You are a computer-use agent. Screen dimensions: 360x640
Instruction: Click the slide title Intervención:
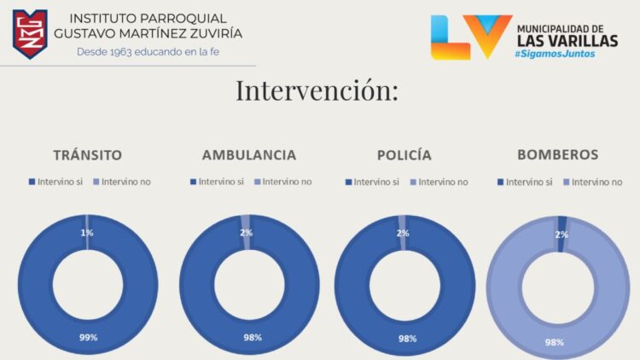click(x=317, y=90)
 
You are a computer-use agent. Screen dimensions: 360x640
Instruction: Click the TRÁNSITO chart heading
click(x=87, y=155)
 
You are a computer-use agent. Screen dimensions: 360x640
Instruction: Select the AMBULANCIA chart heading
click(x=249, y=155)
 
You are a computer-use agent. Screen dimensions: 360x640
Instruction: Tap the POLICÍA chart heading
click(x=404, y=155)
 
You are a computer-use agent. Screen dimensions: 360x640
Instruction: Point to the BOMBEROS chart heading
click(x=557, y=154)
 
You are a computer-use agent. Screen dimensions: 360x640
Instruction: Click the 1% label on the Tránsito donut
click(x=87, y=233)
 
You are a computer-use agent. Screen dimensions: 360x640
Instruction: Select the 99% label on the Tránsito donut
click(x=88, y=337)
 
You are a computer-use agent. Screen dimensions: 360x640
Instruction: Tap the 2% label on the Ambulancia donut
click(x=246, y=233)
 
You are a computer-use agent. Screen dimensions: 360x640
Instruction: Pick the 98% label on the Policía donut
click(x=407, y=339)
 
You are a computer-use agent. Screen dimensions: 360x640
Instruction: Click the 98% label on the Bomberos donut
click(x=555, y=342)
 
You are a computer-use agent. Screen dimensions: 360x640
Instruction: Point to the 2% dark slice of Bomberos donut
click(x=561, y=221)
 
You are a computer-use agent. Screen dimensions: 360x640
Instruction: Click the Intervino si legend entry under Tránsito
click(x=56, y=182)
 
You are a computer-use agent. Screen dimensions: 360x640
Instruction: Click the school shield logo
click(x=29, y=34)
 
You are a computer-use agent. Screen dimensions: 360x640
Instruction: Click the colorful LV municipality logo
click(x=470, y=37)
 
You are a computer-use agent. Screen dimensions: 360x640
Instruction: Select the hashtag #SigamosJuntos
click(x=555, y=54)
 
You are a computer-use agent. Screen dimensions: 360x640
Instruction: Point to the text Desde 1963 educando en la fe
click(x=147, y=51)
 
